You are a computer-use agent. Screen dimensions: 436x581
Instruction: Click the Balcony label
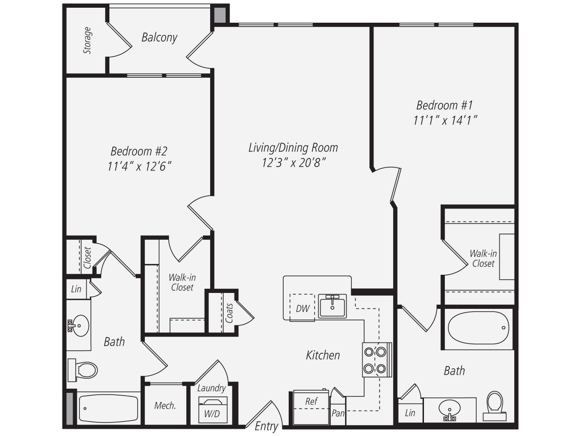point(160,38)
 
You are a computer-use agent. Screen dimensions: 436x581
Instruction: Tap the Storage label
point(87,40)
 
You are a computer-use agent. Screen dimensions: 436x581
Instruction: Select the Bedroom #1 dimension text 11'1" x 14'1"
point(445,120)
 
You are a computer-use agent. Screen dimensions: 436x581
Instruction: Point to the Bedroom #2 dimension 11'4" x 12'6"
point(139,166)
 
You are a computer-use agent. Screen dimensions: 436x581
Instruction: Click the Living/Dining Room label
point(293,148)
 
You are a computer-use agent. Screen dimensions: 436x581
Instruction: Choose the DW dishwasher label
point(302,308)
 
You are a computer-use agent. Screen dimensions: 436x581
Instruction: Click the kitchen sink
point(332,306)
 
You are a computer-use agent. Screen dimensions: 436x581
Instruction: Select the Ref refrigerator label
point(311,401)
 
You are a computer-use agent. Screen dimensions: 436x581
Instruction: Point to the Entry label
point(266,427)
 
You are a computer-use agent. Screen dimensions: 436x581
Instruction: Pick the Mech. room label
point(165,406)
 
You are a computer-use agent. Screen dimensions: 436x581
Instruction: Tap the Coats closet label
point(229,313)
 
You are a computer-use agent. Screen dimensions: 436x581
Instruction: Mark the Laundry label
point(211,388)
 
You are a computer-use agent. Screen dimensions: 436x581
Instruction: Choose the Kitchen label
point(323,355)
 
